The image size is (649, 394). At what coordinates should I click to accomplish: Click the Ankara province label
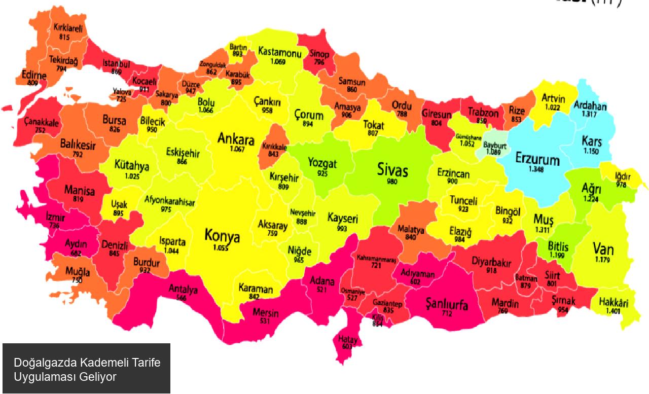pos(236,138)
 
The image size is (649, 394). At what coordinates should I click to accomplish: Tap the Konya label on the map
pos(222,236)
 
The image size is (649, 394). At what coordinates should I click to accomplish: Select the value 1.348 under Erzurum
pos(536,169)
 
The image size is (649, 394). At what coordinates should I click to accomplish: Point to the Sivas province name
pos(392,170)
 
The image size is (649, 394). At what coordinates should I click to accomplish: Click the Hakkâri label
pos(614,303)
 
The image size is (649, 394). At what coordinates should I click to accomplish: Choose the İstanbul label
pos(116,64)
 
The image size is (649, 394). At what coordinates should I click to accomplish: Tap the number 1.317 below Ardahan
pos(590,115)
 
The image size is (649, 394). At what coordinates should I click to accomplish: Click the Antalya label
pos(183,290)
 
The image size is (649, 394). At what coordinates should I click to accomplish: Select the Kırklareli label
pos(68,29)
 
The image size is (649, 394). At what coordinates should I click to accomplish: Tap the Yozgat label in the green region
pos(322,164)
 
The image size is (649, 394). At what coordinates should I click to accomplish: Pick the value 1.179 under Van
pos(603,260)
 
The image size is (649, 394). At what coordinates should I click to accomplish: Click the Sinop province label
pos(318,54)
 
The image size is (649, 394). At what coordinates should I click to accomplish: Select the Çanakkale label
pos(42,123)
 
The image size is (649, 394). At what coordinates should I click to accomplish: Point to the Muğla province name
pos(78,272)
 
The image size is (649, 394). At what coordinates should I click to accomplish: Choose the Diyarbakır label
pos(491,262)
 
